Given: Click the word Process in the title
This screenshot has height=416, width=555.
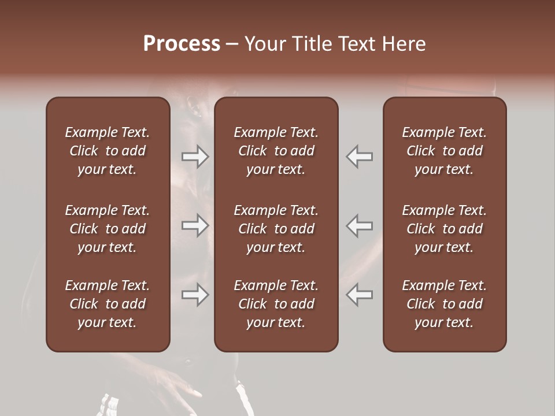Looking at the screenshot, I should point(182,44).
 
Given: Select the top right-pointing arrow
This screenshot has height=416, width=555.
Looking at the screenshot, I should point(195,157).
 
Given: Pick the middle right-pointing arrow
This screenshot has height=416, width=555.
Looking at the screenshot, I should point(195,225).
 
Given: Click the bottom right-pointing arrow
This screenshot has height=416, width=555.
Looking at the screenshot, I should point(195,295).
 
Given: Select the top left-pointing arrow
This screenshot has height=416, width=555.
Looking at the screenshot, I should point(360,157).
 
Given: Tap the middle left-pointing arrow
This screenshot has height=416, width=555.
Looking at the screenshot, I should point(360,225).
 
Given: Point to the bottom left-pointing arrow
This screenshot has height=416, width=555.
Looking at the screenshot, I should point(360,295).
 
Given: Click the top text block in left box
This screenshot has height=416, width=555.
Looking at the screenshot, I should point(108,151).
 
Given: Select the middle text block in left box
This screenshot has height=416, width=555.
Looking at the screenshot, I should point(108,229).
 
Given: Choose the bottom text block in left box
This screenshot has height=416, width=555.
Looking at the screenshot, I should point(108,304).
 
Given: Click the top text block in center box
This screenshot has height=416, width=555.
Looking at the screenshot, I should point(276,151).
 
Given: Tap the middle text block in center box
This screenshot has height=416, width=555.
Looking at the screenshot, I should point(276,229).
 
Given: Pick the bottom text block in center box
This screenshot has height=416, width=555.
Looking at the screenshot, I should point(276,304).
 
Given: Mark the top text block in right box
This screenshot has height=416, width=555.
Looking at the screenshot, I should point(445,151).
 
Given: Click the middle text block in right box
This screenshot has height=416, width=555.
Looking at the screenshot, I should point(445,229).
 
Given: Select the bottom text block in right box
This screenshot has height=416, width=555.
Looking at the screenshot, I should point(445,304).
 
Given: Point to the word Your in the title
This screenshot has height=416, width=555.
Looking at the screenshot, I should point(264,44).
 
